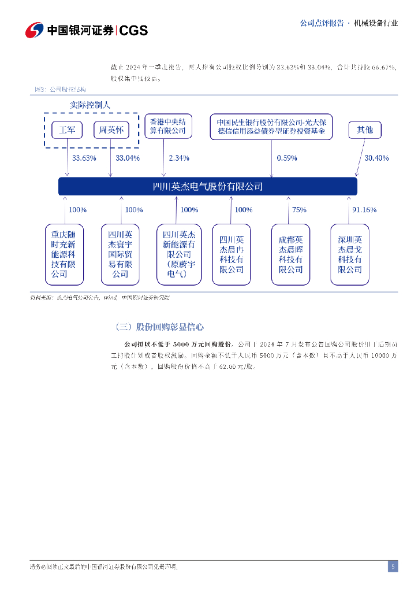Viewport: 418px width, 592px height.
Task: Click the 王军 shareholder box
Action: click(68, 130)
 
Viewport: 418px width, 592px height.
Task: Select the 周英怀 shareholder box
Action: click(111, 130)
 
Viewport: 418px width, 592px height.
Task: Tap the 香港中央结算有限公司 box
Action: click(168, 127)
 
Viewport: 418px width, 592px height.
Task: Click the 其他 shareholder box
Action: click(365, 130)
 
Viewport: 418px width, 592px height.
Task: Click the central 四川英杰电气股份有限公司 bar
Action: click(208, 186)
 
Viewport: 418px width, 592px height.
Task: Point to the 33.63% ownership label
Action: click(84, 158)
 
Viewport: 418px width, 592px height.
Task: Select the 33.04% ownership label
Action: click(128, 158)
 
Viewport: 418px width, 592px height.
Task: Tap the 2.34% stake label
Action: click(179, 158)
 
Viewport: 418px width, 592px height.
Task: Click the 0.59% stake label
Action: click(287, 158)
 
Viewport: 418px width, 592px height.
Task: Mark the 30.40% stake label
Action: click(376, 158)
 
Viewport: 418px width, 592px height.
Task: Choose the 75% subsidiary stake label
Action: click(299, 210)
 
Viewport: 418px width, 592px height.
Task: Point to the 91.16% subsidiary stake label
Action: click(364, 210)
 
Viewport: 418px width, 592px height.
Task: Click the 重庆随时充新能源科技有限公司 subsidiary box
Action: click(64, 254)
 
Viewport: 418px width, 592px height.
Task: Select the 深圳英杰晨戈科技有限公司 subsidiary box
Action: click(350, 254)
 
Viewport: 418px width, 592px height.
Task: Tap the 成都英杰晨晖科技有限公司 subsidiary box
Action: click(290, 254)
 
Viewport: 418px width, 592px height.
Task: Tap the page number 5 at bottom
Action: click(393, 567)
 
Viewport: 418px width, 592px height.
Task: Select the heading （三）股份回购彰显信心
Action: click(159, 327)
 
